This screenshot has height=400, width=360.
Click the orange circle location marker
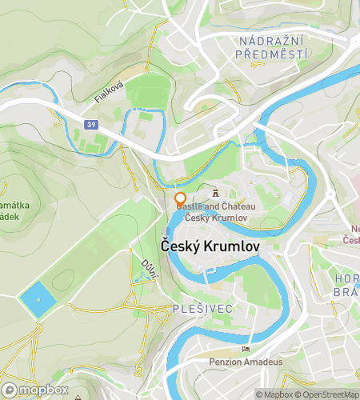coord(180,198)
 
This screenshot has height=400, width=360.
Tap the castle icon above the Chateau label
coord(215,192)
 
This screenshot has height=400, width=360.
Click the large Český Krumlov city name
coord(210,246)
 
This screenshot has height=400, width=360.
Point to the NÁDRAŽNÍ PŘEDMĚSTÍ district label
coord(272,46)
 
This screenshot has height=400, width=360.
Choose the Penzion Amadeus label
coord(246,362)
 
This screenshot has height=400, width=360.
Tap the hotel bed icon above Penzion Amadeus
coord(246,349)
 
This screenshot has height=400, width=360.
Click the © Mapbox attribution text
coord(274,394)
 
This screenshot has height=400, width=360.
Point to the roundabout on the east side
coord(330,194)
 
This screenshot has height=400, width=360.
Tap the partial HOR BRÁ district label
coord(345,286)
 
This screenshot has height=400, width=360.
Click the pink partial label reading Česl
coord(350,239)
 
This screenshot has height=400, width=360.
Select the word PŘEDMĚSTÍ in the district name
coord(272,54)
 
